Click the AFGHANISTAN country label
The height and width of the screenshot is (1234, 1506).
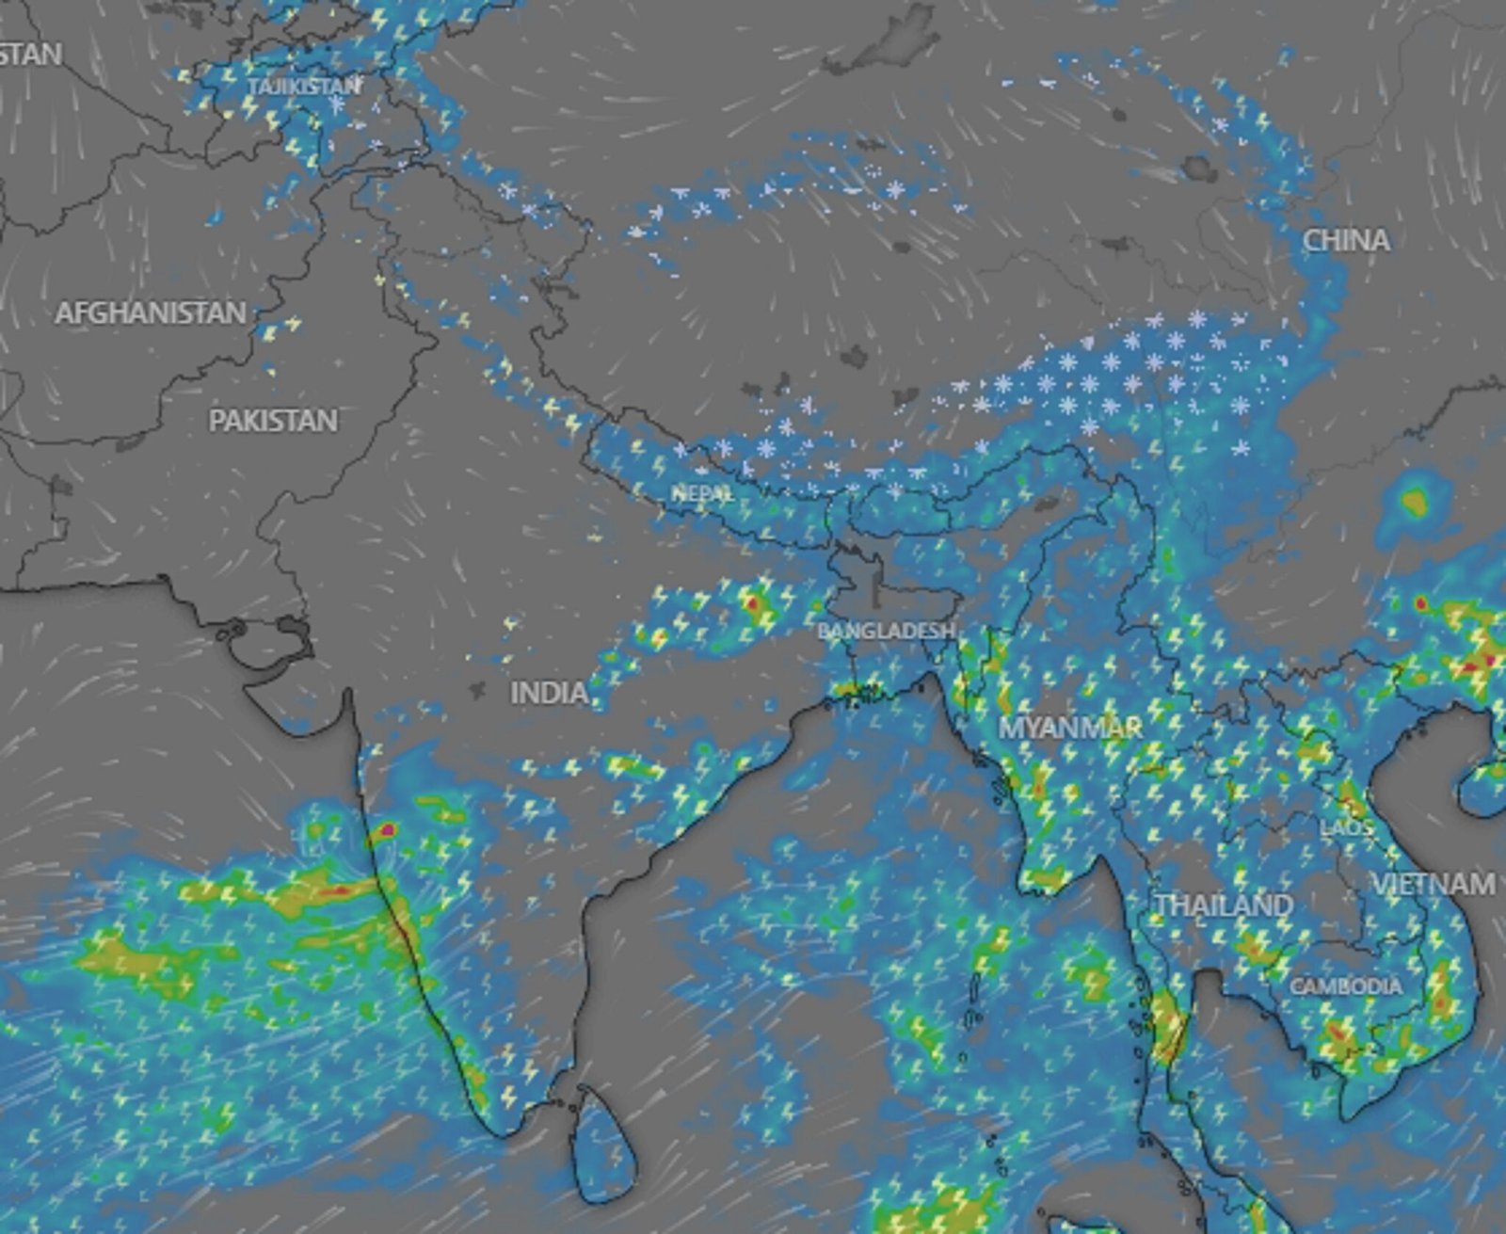(x=151, y=313)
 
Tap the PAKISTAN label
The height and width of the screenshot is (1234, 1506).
(x=273, y=420)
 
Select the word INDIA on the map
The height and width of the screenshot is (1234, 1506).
(x=549, y=694)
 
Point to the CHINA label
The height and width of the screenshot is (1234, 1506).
(x=1346, y=241)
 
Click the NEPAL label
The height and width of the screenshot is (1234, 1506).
(x=703, y=493)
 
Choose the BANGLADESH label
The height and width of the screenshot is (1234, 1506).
(x=886, y=631)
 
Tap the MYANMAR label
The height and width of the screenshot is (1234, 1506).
(x=1070, y=728)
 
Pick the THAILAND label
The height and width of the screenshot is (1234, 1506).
(x=1224, y=905)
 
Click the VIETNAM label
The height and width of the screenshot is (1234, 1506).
(x=1433, y=884)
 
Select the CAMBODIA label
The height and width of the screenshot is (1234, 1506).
(x=1345, y=986)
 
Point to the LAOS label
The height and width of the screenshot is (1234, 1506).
(x=1347, y=828)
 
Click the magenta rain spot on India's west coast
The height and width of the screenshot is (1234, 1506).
(x=387, y=830)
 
